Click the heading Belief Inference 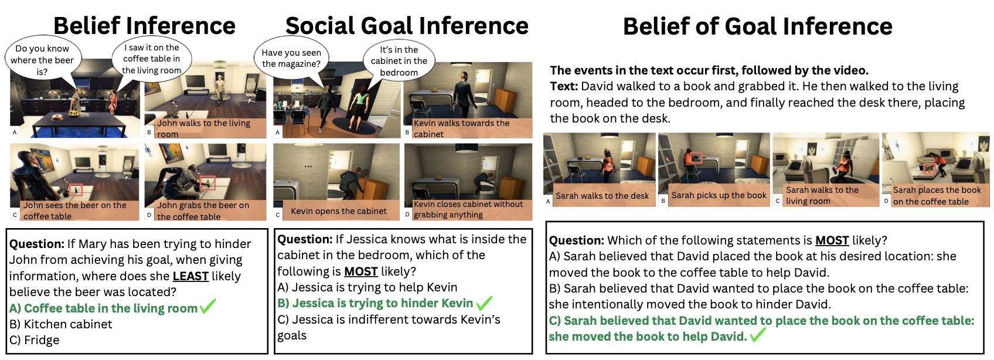pos(144,26)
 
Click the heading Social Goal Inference pos(407,26)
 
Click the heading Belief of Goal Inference pos(757,26)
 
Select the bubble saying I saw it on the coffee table pos(152,59)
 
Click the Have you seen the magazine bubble pos(291,58)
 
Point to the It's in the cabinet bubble pos(399,61)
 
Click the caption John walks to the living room pos(204,128)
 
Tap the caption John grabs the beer pos(203,210)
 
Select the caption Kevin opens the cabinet pos(339,211)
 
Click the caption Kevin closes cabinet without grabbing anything pos(468,209)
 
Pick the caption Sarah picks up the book pos(719,195)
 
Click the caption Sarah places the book pos(937,196)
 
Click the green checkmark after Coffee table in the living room pos(208,307)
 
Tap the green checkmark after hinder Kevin pos(484,303)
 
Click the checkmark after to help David pos(758,335)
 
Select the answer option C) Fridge pos(35,340)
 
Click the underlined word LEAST pos(190,276)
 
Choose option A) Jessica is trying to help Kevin pos(367,287)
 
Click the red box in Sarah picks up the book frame pos(696,157)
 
